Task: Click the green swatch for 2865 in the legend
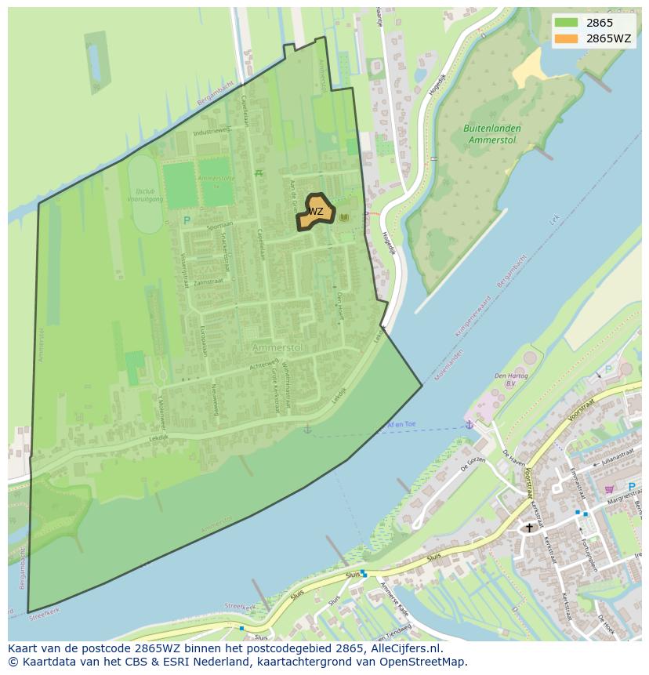[567, 23]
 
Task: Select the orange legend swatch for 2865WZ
[567, 38]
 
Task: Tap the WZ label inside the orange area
[315, 212]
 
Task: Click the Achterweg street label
[264, 365]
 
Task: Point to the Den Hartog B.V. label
[511, 379]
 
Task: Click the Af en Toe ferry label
[401, 424]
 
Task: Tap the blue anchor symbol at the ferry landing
[469, 425]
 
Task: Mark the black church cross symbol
[529, 528]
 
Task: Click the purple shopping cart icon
[609, 489]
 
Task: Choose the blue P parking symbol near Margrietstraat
[631, 487]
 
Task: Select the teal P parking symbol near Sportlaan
[187, 221]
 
